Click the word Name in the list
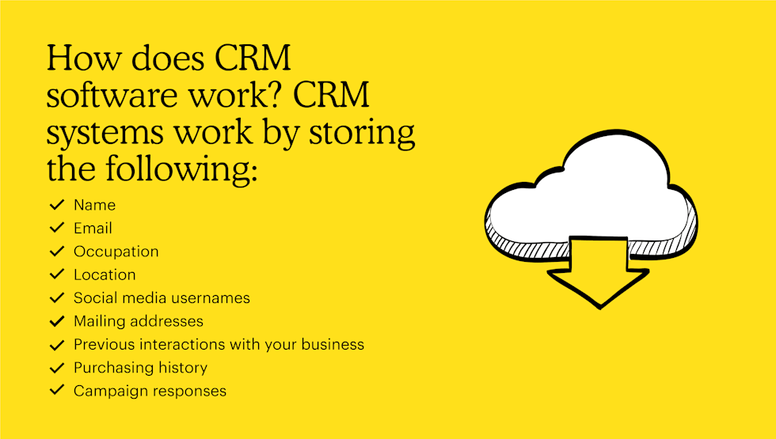tap(94, 205)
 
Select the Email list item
tap(93, 229)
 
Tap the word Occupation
tap(116, 252)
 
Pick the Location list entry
tap(105, 275)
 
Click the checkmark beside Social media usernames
tap(56, 298)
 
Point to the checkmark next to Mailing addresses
tap(56, 322)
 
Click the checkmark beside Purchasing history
tap(56, 368)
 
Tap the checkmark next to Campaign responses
tap(56, 391)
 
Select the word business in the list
tap(332, 345)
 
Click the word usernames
tap(212, 298)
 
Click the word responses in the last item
tap(192, 391)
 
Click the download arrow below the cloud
tap(599, 273)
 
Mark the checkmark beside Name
tap(56, 205)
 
